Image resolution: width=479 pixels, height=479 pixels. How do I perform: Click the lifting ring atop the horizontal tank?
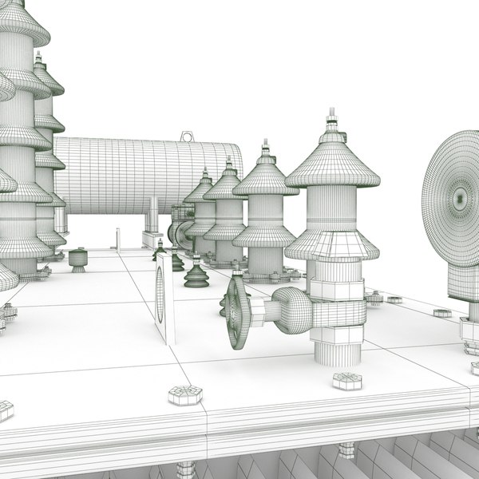point(188,137)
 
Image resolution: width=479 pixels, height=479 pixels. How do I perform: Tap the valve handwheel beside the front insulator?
point(236,312)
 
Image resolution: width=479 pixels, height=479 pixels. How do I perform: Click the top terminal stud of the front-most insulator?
point(332,121)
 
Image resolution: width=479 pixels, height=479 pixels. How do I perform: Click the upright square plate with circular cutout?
point(163,295)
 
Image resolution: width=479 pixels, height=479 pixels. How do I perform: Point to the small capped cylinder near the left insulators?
point(77,259)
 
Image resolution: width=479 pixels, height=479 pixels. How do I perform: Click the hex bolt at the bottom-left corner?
point(6,410)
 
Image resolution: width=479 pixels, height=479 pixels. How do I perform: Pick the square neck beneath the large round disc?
point(461,279)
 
